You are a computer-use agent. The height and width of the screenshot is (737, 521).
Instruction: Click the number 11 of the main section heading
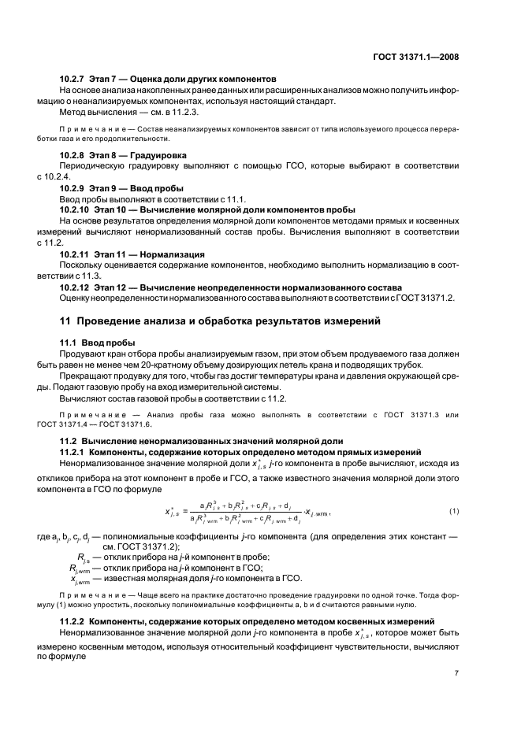[65, 321]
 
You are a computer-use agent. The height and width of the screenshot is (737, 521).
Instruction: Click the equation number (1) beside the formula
[453, 512]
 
